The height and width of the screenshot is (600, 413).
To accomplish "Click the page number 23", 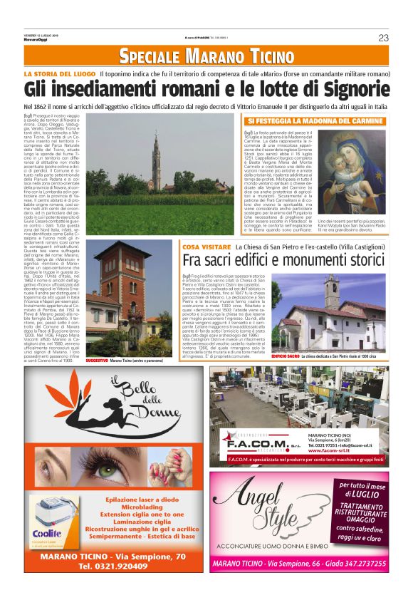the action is [383, 38].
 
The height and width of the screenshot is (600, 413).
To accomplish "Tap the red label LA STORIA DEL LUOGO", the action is [59, 74].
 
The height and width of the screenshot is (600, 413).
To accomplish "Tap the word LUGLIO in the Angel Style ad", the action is [362, 492].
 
